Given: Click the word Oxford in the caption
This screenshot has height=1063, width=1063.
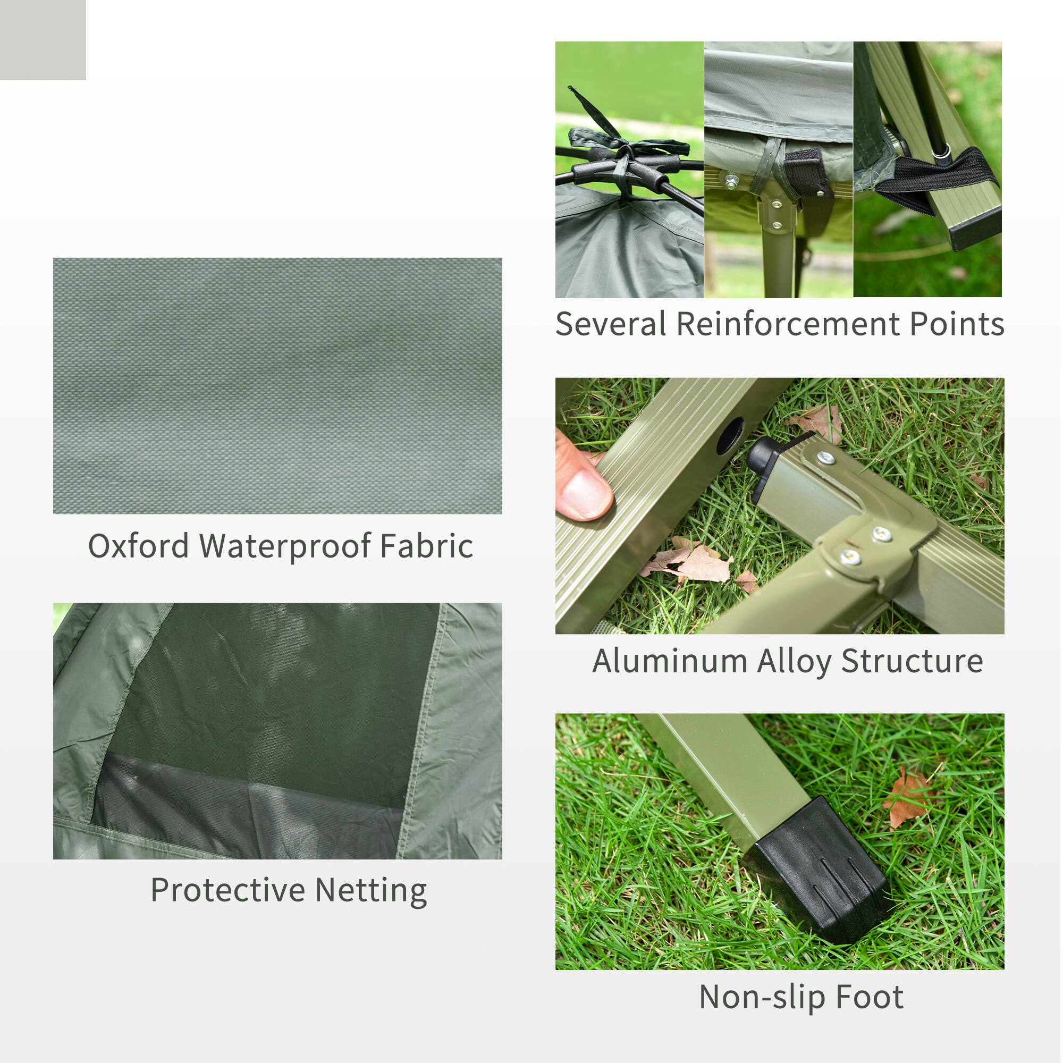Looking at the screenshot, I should tap(138, 546).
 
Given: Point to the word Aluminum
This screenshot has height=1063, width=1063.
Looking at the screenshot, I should tap(669, 661).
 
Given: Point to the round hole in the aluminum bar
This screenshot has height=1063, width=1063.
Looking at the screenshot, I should tap(730, 435).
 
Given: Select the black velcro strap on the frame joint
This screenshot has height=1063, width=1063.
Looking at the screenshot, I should tap(806, 176).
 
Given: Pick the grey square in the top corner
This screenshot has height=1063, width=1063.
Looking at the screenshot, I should tap(43, 40).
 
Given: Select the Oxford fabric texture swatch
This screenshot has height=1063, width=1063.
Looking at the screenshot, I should tap(277, 386).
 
